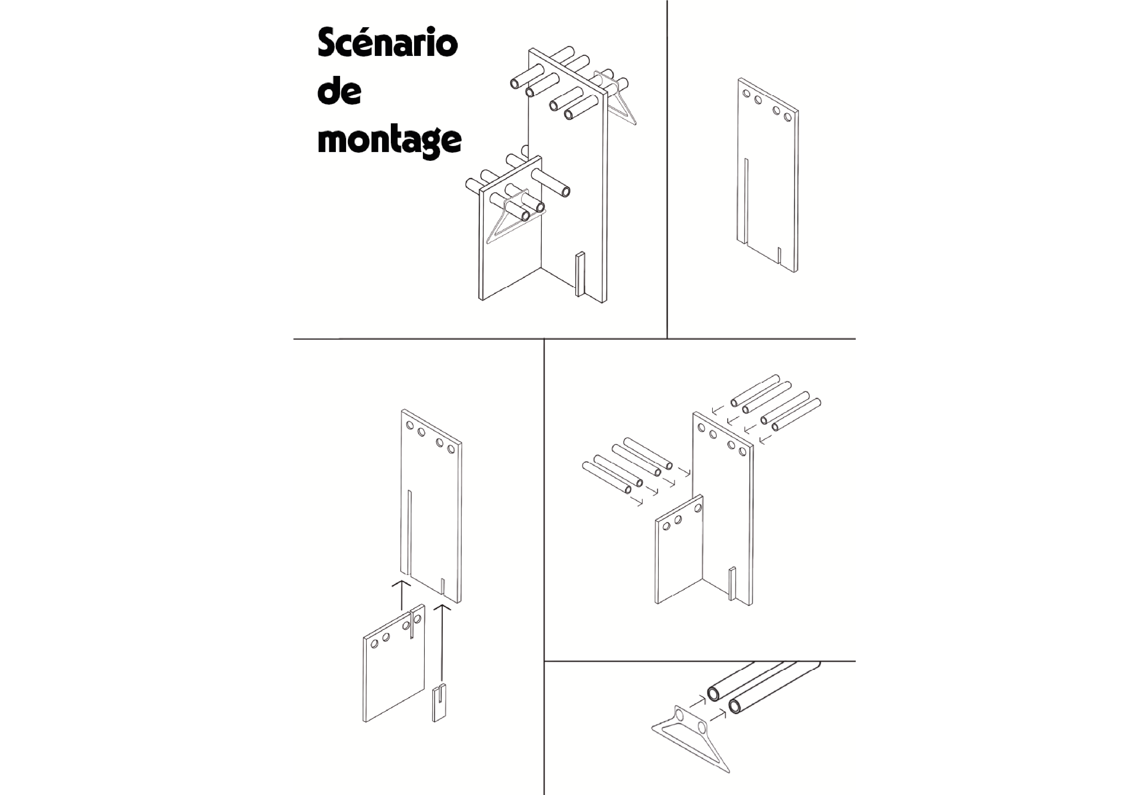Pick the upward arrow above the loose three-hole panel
(401, 596)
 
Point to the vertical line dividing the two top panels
(667, 169)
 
